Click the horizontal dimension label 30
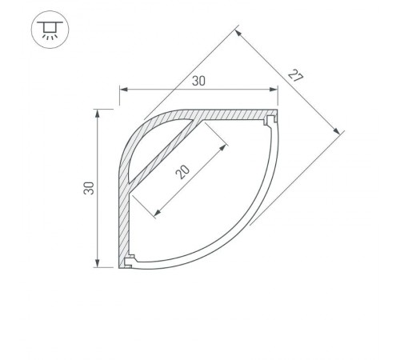(198, 81)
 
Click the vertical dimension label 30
(89, 188)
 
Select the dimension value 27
(295, 75)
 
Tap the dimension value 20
(182, 172)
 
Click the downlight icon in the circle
(50, 30)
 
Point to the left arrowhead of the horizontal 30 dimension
(123, 90)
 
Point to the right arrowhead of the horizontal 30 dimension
(274, 90)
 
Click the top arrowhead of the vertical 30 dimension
(98, 114)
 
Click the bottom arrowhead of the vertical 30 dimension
(98, 263)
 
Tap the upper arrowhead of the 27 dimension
(238, 33)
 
